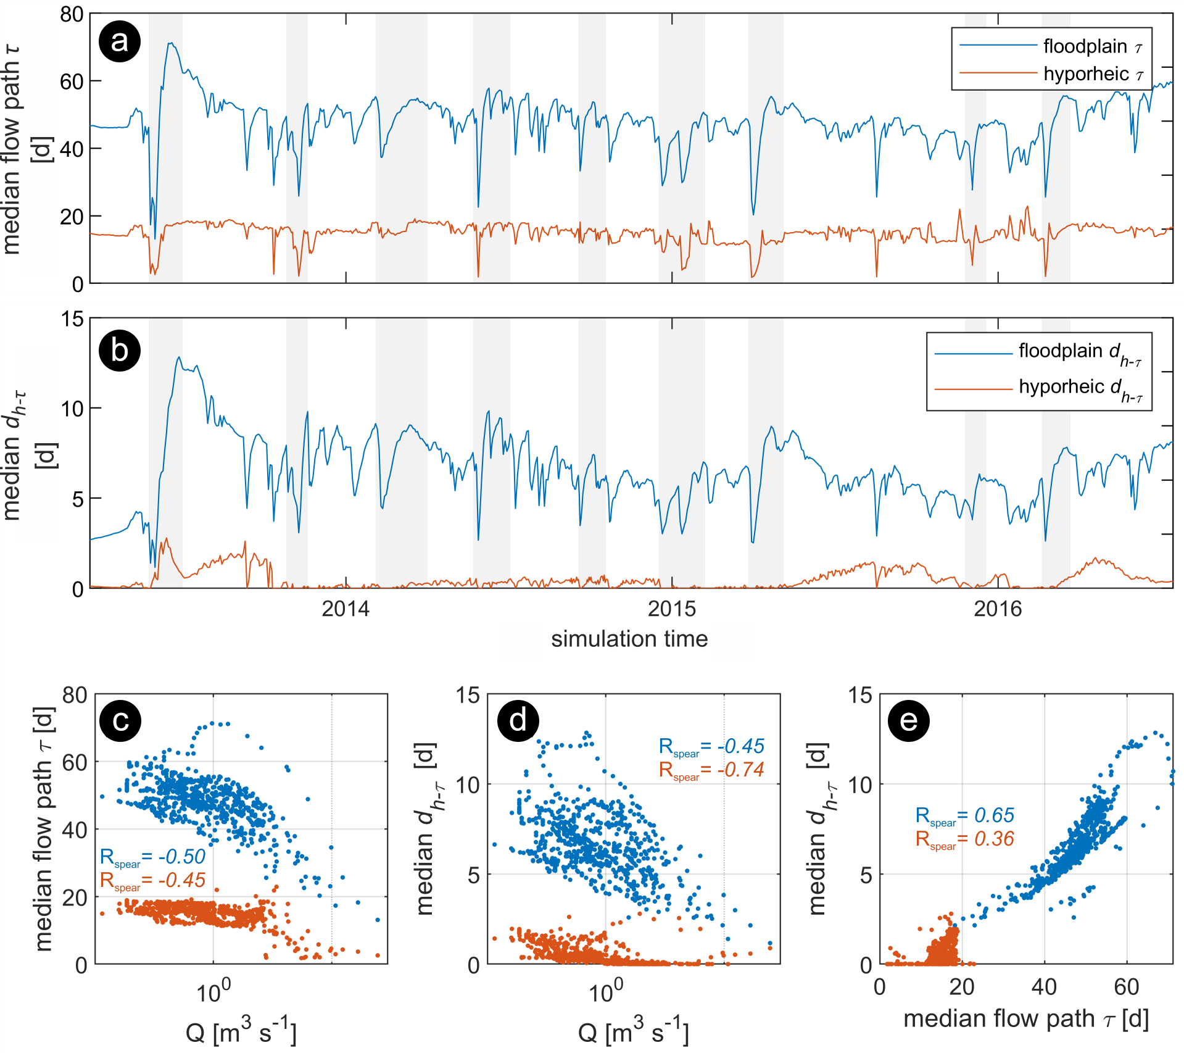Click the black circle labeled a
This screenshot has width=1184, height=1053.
(x=120, y=42)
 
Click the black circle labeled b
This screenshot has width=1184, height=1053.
(x=120, y=351)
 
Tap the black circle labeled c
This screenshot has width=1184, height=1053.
(x=120, y=720)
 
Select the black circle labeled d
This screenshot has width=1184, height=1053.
(x=518, y=720)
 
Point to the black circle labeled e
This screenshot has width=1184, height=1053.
(x=908, y=720)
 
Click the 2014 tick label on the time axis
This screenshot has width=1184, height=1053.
(x=346, y=609)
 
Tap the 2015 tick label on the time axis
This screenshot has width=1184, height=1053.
(x=672, y=609)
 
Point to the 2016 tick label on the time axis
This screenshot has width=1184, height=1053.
(x=998, y=609)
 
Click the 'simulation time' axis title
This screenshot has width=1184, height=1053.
(x=629, y=639)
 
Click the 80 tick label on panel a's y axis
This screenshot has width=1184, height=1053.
(x=72, y=14)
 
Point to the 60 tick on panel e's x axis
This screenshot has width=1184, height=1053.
(x=1126, y=987)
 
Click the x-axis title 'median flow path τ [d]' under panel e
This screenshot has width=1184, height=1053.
(x=1025, y=1019)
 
